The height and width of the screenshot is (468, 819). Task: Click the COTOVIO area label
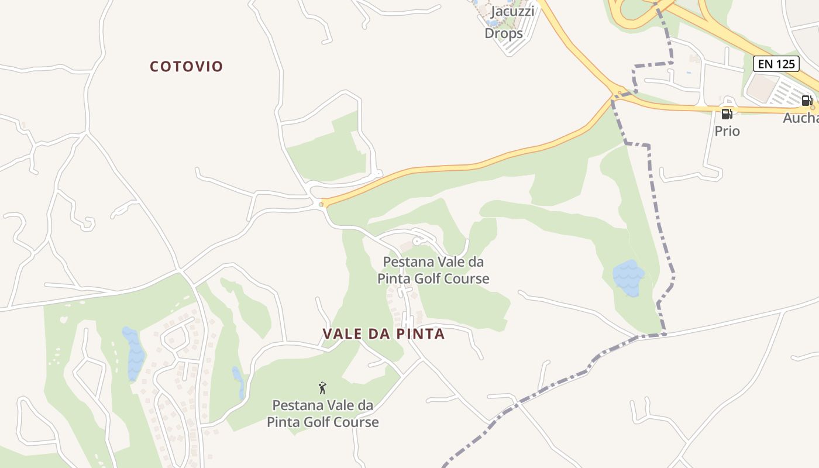(x=187, y=67)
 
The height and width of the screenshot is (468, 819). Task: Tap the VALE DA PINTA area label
(x=383, y=334)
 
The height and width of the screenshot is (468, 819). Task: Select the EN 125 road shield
(x=776, y=64)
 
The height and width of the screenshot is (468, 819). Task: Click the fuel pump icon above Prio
(x=727, y=114)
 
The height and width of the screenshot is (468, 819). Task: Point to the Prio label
(x=727, y=131)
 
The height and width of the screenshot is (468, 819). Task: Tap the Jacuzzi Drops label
(x=504, y=22)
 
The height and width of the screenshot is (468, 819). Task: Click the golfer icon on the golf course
(x=322, y=387)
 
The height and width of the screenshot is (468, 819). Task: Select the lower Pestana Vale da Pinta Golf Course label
(x=323, y=413)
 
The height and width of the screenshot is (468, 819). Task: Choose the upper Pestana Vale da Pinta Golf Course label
(x=433, y=270)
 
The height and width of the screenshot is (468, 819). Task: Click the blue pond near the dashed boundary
(x=628, y=277)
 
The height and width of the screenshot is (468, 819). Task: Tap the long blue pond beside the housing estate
(x=134, y=352)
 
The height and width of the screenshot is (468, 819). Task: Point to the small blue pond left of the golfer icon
(x=239, y=383)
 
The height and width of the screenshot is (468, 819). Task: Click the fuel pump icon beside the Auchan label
(x=807, y=101)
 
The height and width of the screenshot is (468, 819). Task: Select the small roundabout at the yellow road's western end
(x=321, y=204)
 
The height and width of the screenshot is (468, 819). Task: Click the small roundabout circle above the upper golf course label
(x=417, y=241)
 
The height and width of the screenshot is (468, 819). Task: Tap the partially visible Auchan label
(x=801, y=118)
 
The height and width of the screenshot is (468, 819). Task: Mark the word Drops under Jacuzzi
(x=504, y=33)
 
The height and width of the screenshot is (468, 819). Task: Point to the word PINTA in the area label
(x=419, y=334)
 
